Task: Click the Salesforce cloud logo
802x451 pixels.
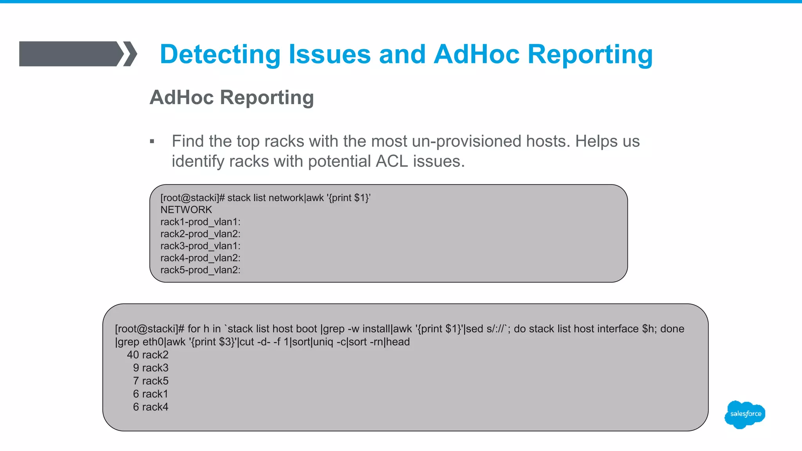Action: click(745, 414)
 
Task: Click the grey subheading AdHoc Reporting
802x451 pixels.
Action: click(231, 97)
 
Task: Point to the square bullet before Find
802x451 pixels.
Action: click(152, 142)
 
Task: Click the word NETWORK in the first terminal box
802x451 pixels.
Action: click(186, 210)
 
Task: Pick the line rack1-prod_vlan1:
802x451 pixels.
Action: click(200, 222)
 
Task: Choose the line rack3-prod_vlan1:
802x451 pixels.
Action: click(200, 246)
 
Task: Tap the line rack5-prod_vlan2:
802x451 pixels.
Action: click(200, 270)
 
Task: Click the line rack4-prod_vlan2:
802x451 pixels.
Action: click(200, 258)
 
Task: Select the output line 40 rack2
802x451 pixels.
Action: click(148, 355)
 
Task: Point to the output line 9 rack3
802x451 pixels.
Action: click(151, 368)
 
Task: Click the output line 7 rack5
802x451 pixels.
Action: click(151, 381)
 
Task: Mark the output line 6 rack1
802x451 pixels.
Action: click(151, 394)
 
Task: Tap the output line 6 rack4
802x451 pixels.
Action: click(151, 407)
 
